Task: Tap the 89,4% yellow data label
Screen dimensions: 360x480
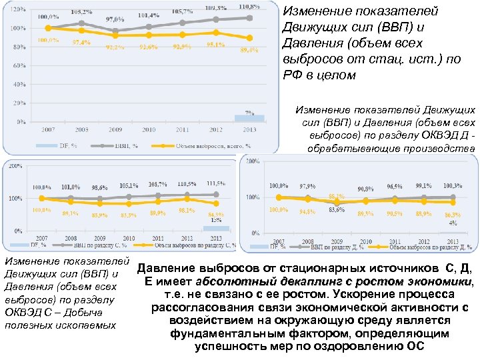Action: [249, 50]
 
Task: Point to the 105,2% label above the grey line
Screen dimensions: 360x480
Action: [81, 11]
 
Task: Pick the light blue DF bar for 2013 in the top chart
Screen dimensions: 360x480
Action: [249, 118]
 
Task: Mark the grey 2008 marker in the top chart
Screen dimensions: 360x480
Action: [81, 23]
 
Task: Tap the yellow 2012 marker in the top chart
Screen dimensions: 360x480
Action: [215, 32]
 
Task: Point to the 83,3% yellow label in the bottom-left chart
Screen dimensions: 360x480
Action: [129, 215]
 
